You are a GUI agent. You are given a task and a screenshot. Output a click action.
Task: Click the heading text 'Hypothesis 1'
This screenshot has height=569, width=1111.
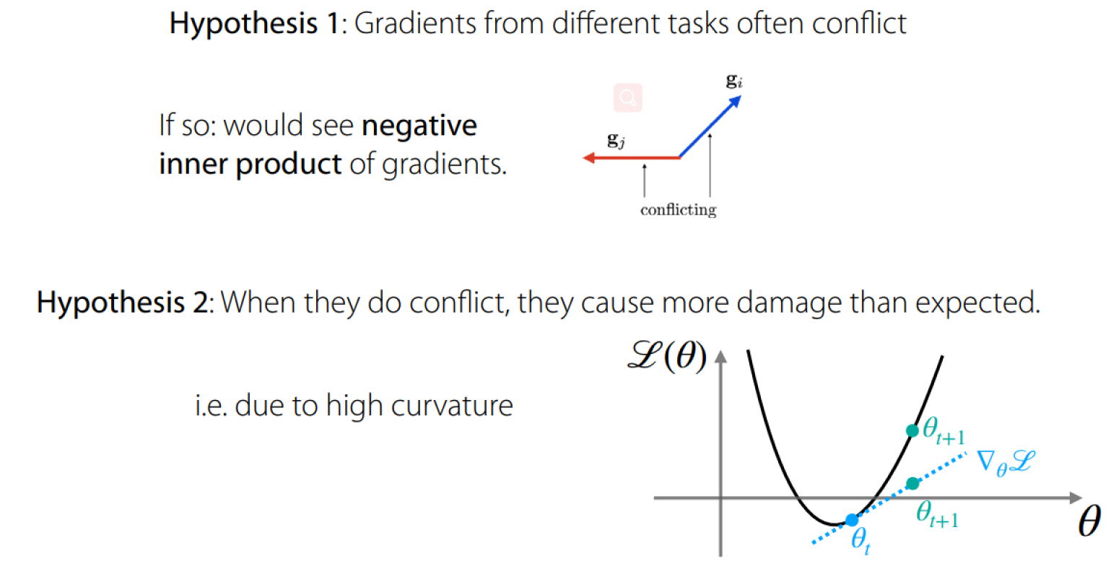[255, 25]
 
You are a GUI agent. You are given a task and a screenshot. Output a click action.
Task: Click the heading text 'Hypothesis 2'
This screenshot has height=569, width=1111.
[123, 303]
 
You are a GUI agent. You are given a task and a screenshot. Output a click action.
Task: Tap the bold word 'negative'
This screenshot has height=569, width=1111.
[419, 126]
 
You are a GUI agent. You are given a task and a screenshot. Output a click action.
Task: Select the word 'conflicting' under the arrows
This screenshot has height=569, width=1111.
[678, 210]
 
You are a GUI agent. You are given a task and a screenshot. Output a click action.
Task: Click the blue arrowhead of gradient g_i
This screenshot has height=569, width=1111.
[735, 102]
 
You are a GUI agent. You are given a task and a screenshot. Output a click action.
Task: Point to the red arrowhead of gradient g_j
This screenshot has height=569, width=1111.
[589, 157]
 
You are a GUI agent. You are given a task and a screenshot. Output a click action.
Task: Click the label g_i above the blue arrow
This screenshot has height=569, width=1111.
[734, 80]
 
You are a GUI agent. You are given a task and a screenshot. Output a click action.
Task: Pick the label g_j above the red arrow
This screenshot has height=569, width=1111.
[616, 140]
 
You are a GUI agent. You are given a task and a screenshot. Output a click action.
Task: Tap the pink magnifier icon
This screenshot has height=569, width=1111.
[628, 97]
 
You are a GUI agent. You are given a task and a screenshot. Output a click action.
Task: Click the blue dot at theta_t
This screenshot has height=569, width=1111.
[852, 520]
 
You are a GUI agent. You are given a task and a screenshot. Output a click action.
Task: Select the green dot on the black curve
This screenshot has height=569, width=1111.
[912, 430]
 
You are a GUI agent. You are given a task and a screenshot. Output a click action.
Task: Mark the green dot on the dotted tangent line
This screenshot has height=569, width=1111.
[912, 483]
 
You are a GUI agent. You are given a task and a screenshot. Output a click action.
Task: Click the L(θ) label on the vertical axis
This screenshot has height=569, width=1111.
[667, 356]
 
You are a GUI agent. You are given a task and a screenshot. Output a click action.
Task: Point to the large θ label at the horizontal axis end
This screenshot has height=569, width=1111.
[1089, 521]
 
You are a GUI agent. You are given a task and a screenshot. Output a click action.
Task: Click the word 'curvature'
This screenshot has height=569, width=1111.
[452, 407]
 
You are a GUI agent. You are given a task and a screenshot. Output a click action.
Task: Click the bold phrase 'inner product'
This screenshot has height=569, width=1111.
[250, 165]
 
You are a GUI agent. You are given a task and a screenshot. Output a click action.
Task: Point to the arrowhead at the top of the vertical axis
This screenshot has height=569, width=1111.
[720, 357]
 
